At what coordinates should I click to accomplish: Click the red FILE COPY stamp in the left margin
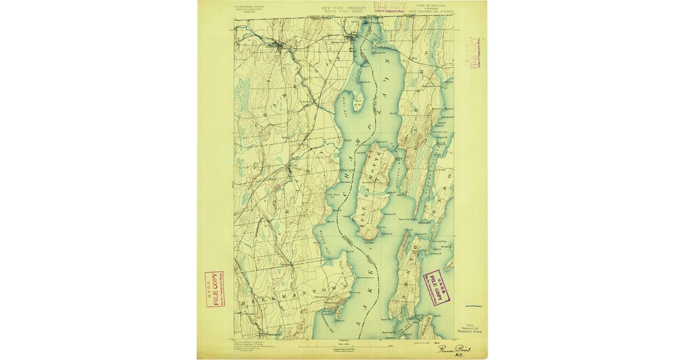214,289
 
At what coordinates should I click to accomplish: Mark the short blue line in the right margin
474,306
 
